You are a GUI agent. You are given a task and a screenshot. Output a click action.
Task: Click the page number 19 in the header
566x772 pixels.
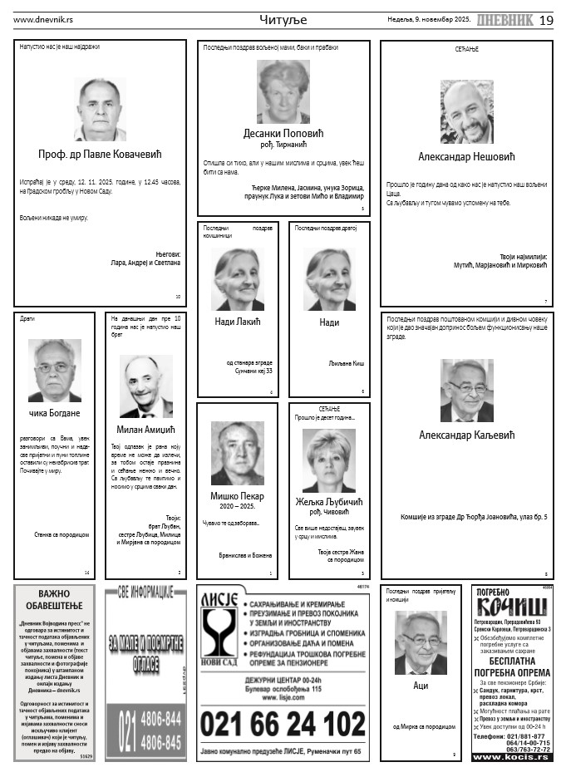pyautogui.click(x=546, y=20)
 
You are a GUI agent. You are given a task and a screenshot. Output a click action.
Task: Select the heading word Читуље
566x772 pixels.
pyautogui.click(x=283, y=19)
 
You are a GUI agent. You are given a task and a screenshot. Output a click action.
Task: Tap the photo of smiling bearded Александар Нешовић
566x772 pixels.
pyautogui.click(x=466, y=112)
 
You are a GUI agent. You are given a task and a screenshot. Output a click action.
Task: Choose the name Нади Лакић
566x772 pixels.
pyautogui.click(x=238, y=322)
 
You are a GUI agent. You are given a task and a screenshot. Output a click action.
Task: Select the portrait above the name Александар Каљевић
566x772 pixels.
pyautogui.click(x=466, y=390)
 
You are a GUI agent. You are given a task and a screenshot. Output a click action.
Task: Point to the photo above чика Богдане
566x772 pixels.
pyautogui.click(x=54, y=370)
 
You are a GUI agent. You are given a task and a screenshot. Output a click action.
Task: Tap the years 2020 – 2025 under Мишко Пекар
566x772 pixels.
pyautogui.click(x=237, y=505)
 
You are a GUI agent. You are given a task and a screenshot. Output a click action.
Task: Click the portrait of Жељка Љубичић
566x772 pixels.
pyautogui.click(x=328, y=460)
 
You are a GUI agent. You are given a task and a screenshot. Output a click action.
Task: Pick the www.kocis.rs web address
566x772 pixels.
pyautogui.click(x=511, y=757)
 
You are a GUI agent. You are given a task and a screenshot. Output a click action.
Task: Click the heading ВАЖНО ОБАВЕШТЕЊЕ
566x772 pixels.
pyautogui.click(x=53, y=600)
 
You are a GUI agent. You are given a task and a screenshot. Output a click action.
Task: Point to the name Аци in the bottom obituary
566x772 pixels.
pyautogui.click(x=421, y=686)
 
